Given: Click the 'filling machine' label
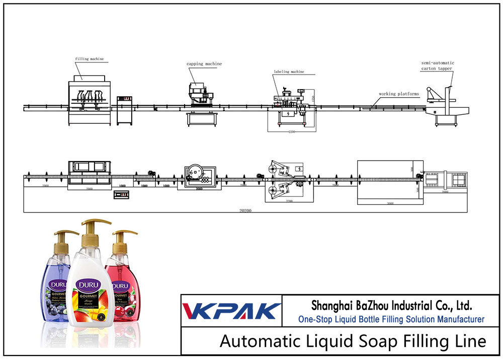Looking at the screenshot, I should click(x=90, y=59).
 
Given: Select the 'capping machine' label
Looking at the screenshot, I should click(x=204, y=64).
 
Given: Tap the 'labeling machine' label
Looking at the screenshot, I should click(x=289, y=72).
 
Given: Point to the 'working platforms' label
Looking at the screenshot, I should click(x=399, y=94).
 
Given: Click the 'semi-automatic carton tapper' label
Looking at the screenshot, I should click(x=437, y=66).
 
